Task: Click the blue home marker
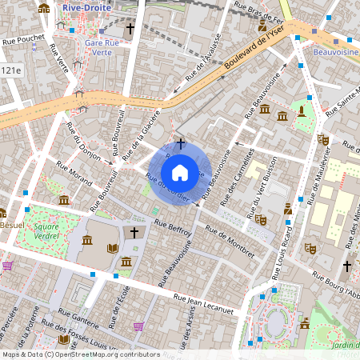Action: tap(180, 172)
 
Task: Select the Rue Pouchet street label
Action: tap(23, 38)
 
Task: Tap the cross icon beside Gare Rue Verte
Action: tap(130, 27)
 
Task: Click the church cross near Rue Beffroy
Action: tap(134, 233)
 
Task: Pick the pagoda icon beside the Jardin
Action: tap(305, 323)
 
